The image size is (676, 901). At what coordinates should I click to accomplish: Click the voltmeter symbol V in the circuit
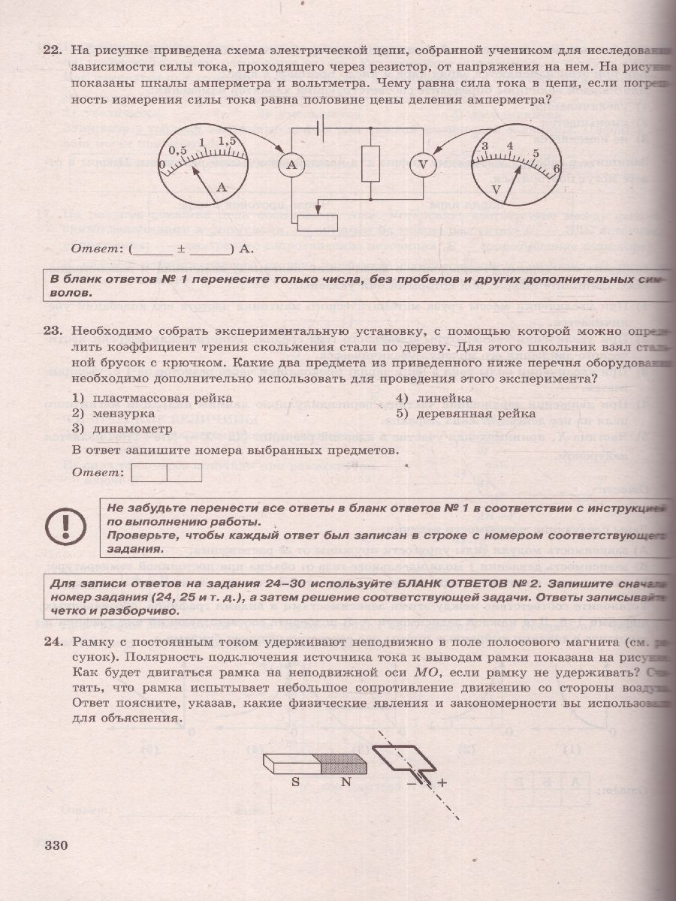pos(423,167)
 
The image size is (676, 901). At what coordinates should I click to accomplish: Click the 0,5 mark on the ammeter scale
pos(177,149)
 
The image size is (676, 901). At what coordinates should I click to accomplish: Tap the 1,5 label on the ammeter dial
pos(227,140)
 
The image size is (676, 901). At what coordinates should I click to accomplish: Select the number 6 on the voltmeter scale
pos(556,168)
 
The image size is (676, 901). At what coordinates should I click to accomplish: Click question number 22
pos(52,50)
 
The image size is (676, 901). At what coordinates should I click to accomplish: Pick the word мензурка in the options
pos(123,413)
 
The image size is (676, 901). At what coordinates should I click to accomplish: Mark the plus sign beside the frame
pos(442,782)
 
